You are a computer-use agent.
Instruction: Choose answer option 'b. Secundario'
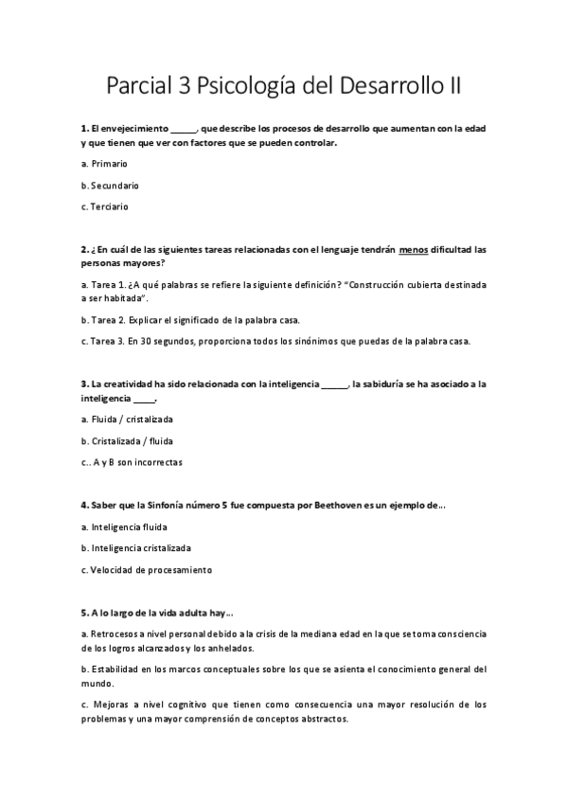point(110,185)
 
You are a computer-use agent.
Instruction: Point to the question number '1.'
point(84,128)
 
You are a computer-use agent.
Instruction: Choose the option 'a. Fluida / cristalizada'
point(128,419)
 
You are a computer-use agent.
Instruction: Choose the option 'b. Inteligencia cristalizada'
point(136,547)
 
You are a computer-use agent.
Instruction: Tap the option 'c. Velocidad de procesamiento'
point(147,569)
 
